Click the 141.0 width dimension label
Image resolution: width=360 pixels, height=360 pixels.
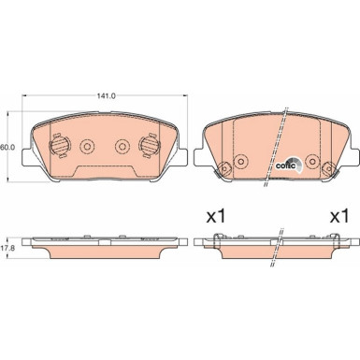coord(107,95)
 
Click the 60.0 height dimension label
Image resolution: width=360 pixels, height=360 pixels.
coord(8,147)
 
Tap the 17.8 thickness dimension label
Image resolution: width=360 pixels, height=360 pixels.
coord(8,249)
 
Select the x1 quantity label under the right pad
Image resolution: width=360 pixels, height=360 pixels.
coord(338,215)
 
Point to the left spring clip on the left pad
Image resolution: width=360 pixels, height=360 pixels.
coord(57,146)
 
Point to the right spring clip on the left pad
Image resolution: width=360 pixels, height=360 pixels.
coord(148,146)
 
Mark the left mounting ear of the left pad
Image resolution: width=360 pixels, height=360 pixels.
coord(28,156)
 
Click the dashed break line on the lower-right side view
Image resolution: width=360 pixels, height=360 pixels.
coord(277,245)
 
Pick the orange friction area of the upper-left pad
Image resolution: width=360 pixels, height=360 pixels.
coord(103,131)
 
